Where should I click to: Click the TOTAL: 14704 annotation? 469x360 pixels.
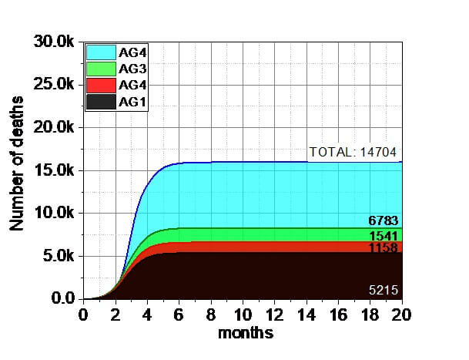pos(353,152)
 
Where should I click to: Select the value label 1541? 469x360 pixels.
pos(385,236)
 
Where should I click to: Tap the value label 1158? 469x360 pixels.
pos(385,249)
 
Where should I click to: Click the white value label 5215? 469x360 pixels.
pos(384,290)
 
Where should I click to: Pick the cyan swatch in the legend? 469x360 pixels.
pos(99,52)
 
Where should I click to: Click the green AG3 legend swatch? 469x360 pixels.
pos(99,69)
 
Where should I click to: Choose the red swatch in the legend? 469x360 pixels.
pos(99,86)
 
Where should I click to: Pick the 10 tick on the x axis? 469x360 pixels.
pos(243,315)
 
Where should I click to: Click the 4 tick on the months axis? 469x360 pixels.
pos(147,315)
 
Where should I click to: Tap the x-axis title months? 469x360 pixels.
pos(245,334)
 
